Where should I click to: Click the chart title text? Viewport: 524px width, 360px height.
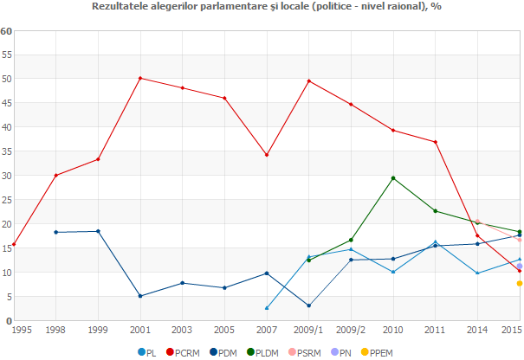(x=262, y=7)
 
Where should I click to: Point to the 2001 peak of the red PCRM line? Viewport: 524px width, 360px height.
(x=140, y=78)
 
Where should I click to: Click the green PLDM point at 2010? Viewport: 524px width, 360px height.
(x=393, y=178)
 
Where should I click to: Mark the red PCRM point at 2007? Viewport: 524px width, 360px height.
(x=267, y=155)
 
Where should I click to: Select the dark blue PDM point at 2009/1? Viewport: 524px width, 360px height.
(x=309, y=305)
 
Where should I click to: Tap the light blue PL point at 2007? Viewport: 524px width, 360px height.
(x=267, y=308)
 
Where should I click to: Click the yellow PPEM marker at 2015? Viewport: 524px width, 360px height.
(x=520, y=283)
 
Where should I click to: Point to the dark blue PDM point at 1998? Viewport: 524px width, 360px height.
(x=56, y=232)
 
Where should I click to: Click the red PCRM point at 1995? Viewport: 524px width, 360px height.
(x=14, y=244)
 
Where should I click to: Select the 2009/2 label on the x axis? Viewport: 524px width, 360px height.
(x=351, y=331)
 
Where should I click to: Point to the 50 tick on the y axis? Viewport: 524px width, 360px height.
(x=6, y=79)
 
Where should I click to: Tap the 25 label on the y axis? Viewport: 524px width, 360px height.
(x=6, y=200)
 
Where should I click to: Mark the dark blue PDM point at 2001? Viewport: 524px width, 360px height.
(x=140, y=296)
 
